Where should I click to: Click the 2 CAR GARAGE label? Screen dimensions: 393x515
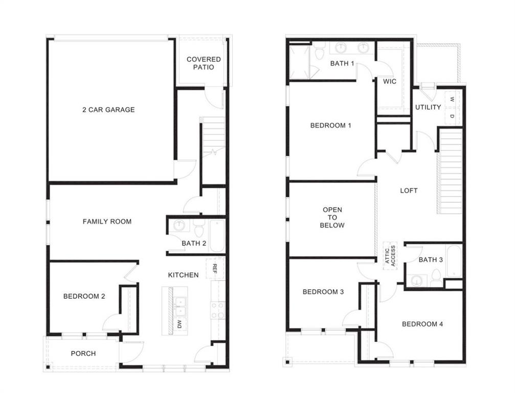pos(108,110)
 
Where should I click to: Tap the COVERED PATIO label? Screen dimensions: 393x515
pos(204,63)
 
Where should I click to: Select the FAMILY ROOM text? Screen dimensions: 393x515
pos(107,222)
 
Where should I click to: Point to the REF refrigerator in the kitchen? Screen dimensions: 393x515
pos(215,269)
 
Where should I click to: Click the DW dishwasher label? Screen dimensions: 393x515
pos(180,323)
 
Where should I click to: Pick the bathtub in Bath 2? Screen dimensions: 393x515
pos(217,236)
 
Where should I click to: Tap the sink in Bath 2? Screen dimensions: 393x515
pos(179,226)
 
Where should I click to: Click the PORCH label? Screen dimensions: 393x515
pos(83,354)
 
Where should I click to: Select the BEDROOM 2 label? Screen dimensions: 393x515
pos(84,296)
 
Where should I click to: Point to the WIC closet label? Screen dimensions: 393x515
pos(390,81)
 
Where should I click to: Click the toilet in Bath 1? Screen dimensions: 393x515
pos(320,51)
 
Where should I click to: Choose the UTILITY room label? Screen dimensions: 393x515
pos(428,107)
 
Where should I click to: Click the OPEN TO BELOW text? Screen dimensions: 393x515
pos(332,217)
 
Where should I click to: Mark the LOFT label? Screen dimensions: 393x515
pos(409,190)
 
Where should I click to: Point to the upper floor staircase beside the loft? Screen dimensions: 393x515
pos(450,171)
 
